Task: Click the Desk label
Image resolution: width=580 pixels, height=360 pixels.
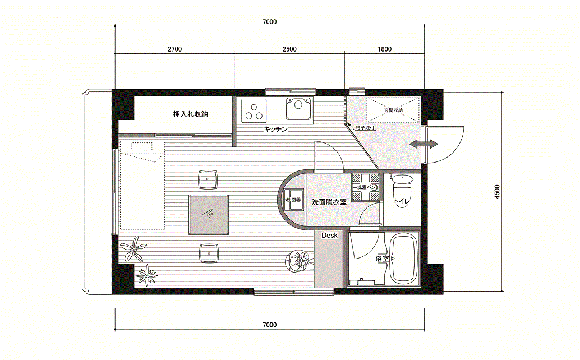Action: click(x=329, y=236)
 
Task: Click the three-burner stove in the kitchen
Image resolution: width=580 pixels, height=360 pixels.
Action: click(x=254, y=110)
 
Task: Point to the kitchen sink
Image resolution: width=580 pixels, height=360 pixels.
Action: click(x=299, y=109)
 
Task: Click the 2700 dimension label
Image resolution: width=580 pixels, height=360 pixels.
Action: click(x=174, y=49)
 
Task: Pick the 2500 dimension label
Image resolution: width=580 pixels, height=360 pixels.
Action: click(x=289, y=49)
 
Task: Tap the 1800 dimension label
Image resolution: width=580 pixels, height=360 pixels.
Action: click(x=385, y=49)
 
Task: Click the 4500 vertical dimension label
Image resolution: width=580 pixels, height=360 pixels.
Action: click(x=497, y=192)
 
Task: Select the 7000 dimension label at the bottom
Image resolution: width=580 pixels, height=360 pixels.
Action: click(x=270, y=325)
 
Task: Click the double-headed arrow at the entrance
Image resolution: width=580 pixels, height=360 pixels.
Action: click(x=424, y=144)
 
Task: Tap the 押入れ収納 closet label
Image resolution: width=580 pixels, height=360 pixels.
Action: click(x=191, y=114)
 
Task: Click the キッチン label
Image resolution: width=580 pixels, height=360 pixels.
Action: click(x=275, y=129)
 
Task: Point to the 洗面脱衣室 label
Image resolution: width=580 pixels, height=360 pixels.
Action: click(x=329, y=202)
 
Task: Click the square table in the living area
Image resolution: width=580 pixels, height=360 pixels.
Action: click(x=209, y=215)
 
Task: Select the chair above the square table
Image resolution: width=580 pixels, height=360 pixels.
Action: click(x=208, y=179)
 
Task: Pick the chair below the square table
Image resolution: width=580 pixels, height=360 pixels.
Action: click(x=209, y=253)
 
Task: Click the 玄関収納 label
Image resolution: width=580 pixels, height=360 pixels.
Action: click(x=393, y=110)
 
